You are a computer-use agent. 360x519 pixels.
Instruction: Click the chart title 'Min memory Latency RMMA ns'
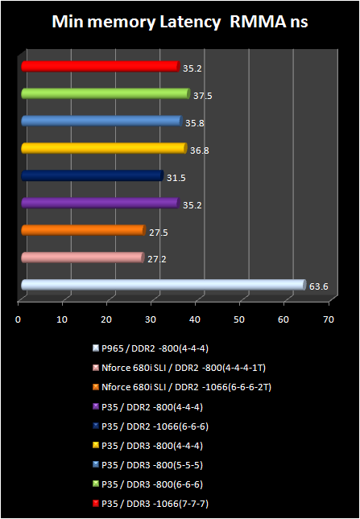(180, 22)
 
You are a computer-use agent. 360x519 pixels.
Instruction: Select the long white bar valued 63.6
(162, 285)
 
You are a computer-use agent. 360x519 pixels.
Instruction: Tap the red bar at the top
(100, 66)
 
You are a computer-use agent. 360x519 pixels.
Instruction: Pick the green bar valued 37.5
(105, 94)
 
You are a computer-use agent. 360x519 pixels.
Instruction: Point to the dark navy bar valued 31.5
(92, 175)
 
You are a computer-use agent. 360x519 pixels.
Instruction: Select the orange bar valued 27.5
(83, 231)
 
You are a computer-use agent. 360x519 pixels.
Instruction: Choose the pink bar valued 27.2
(82, 257)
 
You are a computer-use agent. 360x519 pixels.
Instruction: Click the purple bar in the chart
(100, 203)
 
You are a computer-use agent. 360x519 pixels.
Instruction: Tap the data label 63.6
(318, 286)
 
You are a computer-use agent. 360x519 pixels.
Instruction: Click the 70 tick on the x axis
(327, 319)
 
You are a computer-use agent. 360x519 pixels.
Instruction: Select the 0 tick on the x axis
(19, 319)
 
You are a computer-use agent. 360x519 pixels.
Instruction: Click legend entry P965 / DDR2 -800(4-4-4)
(154, 348)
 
